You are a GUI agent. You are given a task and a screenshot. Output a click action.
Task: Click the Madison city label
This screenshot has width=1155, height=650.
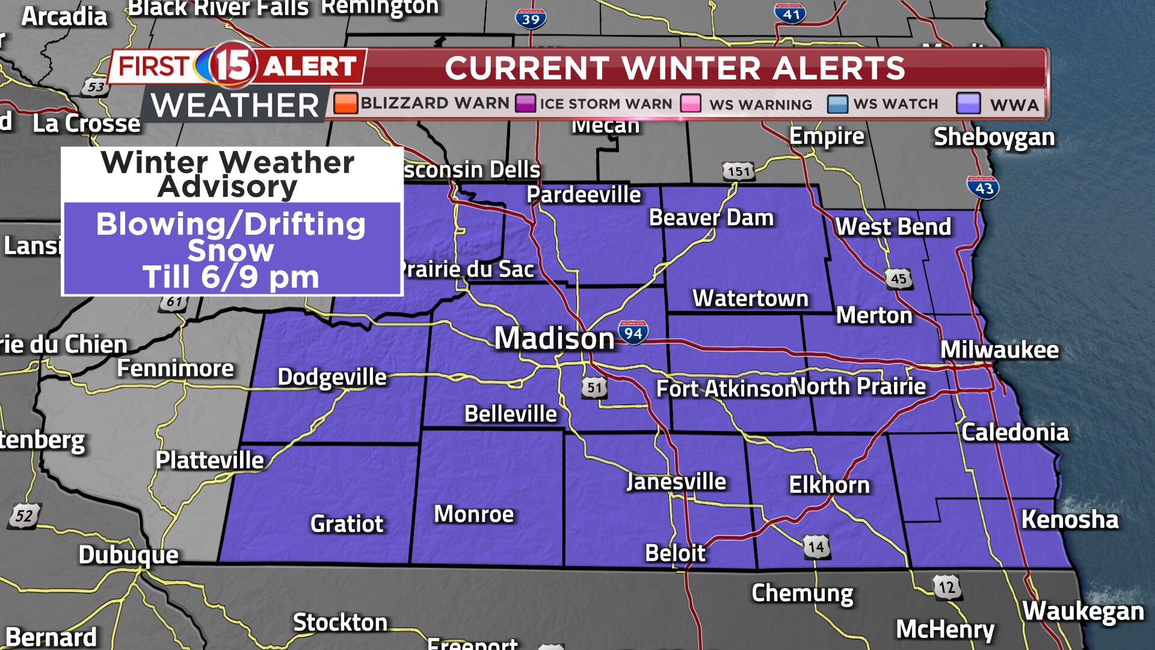(554, 338)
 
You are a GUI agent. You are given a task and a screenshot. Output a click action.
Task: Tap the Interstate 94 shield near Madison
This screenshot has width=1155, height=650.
(633, 332)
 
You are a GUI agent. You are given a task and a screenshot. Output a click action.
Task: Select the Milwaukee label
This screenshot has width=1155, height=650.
(999, 350)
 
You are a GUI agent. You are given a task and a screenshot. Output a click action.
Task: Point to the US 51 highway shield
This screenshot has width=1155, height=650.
(594, 388)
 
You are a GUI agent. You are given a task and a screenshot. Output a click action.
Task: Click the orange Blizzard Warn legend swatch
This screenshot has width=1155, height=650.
(345, 104)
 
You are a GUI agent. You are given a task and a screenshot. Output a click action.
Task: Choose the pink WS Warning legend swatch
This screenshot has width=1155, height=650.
(691, 104)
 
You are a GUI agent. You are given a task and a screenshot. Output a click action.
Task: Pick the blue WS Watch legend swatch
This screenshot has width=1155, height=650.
(837, 104)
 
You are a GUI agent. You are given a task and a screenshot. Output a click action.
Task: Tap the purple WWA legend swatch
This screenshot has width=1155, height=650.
(968, 104)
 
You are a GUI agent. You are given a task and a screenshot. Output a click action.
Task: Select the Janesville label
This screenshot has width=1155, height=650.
(676, 481)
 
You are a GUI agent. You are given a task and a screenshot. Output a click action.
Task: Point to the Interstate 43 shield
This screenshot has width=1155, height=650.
(983, 187)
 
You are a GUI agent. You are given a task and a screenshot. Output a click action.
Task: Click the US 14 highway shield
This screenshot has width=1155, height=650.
(816, 547)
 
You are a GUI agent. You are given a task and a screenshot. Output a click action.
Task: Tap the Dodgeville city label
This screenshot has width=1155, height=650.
(332, 377)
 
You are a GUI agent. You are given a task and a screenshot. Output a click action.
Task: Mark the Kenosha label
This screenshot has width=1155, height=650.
(1070, 519)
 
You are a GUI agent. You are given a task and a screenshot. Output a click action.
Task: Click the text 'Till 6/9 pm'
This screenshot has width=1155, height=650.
(231, 277)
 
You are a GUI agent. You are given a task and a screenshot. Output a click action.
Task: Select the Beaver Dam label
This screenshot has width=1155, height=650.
(711, 217)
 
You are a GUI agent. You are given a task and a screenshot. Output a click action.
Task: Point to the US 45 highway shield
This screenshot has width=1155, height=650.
(898, 278)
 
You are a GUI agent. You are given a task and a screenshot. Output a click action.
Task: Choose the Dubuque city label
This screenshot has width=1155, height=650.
(129, 554)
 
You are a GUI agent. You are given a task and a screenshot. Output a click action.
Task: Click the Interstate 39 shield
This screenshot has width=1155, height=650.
(531, 19)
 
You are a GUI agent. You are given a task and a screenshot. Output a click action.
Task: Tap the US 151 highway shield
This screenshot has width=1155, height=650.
(738, 172)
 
